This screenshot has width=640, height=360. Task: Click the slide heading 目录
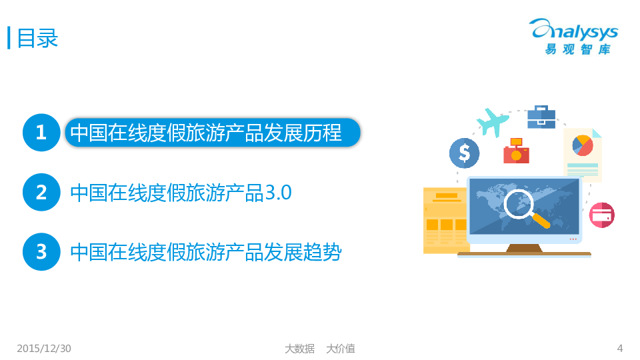[37, 39]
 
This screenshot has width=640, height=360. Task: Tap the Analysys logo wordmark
[573, 30]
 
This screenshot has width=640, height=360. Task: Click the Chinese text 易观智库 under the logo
[577, 49]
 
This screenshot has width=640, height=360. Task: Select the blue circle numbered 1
[41, 133]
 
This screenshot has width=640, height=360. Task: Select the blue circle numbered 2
[41, 192]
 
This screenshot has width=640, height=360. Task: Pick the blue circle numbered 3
[41, 252]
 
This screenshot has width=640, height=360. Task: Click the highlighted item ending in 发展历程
[213, 133]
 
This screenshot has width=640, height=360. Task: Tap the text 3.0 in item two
[279, 193]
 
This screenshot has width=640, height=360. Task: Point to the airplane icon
[492, 121]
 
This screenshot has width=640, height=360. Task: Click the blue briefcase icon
[541, 117]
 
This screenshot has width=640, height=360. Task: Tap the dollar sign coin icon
[464, 153]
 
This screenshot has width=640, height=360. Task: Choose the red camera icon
[516, 151]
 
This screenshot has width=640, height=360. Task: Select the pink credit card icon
[601, 215]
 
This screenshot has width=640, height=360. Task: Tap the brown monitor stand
[524, 248]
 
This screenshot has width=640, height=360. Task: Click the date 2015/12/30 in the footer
[44, 349]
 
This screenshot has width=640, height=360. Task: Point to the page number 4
[620, 349]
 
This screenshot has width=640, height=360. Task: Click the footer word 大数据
[299, 349]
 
